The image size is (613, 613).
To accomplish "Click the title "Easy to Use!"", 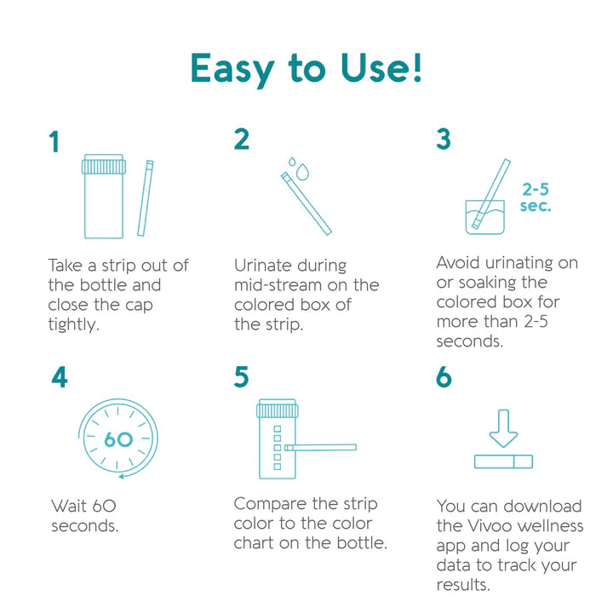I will pyautogui.click(x=306, y=68).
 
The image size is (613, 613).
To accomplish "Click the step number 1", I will pyautogui.click(x=54, y=142).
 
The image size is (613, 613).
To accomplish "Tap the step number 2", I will pyautogui.click(x=242, y=139).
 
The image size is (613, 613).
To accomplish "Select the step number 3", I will pyautogui.click(x=444, y=139).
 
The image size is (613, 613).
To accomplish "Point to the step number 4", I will pyautogui.click(x=59, y=377).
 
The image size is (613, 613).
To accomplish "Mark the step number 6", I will pyautogui.click(x=444, y=377).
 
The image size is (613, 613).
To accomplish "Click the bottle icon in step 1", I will pyautogui.click(x=104, y=197).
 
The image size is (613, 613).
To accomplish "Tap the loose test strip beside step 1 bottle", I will pyautogui.click(x=145, y=198).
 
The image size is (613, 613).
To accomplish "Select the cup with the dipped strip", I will pyautogui.click(x=482, y=216).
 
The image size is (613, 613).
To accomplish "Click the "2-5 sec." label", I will pyautogui.click(x=536, y=198).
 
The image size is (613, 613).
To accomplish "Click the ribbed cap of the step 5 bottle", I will pyautogui.click(x=276, y=410).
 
